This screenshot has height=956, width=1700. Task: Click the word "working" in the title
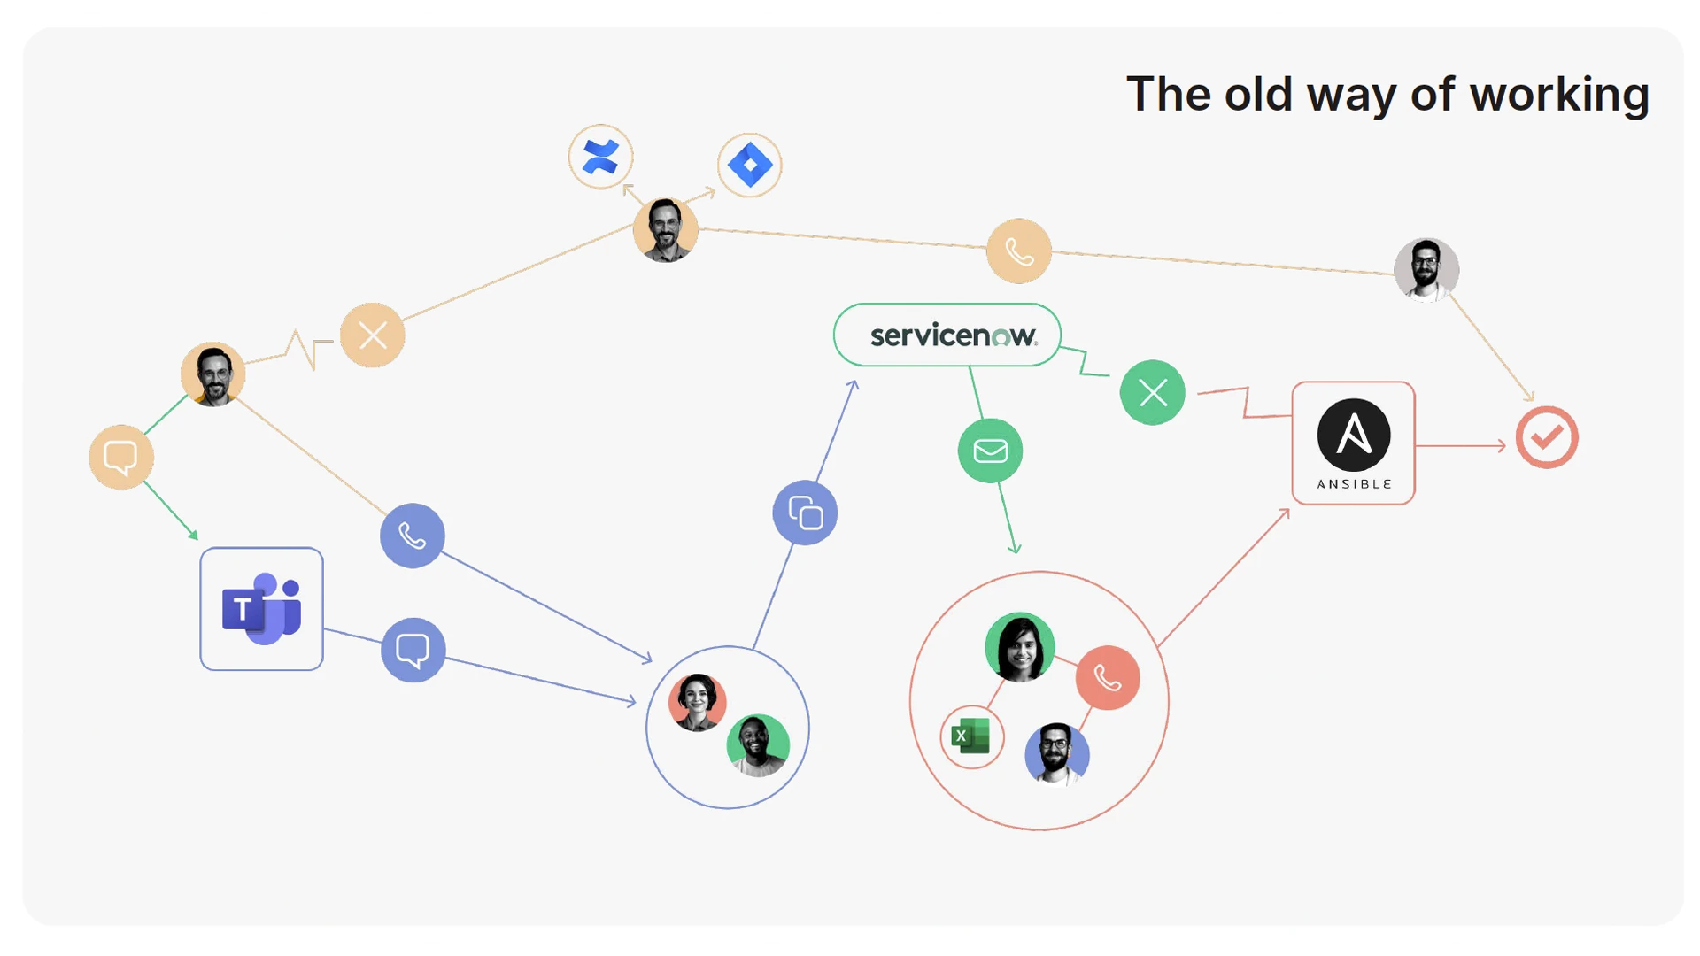[x=1559, y=95]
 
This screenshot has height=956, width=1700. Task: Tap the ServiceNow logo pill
[x=947, y=335]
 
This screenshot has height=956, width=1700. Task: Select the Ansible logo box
[x=1353, y=443]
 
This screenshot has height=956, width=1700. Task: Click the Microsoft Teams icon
[x=261, y=609]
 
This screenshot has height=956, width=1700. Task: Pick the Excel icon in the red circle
[x=971, y=736]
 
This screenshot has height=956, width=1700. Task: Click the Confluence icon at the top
[x=600, y=158]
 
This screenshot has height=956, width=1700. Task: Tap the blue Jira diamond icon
[x=749, y=165]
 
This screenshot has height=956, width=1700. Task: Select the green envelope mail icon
[x=990, y=451]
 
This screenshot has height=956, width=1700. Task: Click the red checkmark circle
[x=1546, y=437]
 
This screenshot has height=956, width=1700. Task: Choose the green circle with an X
[x=1152, y=392]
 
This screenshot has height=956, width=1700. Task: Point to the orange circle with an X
[x=373, y=335]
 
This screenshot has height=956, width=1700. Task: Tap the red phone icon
[x=1108, y=678]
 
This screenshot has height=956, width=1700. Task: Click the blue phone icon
[x=413, y=536]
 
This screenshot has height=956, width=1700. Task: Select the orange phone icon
[x=1019, y=251]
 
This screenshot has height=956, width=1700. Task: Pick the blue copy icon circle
[x=805, y=513]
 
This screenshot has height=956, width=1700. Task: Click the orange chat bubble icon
[x=121, y=458]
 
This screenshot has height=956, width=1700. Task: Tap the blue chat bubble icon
[x=413, y=650]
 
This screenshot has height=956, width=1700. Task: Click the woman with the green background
[x=1020, y=647]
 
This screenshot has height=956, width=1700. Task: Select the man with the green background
[x=758, y=744]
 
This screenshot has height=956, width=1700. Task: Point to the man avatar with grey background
[x=1426, y=269]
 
